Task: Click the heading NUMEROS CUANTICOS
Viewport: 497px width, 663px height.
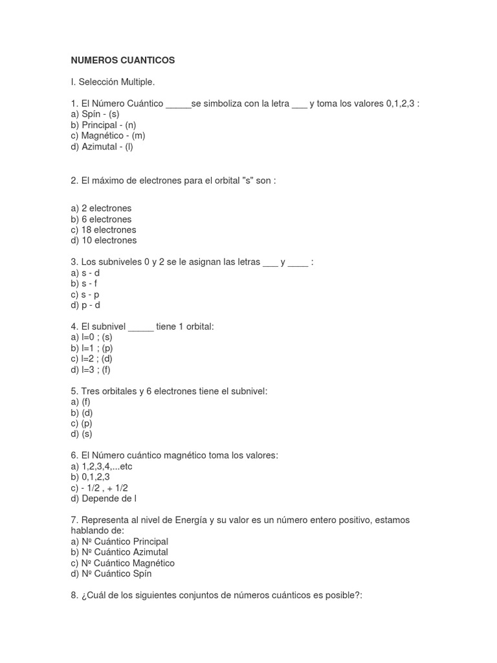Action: click(x=123, y=60)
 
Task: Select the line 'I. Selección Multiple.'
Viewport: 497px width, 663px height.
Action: click(x=113, y=82)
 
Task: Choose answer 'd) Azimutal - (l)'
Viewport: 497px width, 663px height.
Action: click(x=102, y=146)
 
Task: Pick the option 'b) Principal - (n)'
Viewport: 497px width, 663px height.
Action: click(x=104, y=125)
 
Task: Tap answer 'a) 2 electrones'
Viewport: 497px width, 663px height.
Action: click(x=101, y=208)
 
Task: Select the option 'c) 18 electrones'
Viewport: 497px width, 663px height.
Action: click(x=104, y=230)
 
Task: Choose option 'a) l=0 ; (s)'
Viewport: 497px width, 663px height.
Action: click(x=92, y=337)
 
